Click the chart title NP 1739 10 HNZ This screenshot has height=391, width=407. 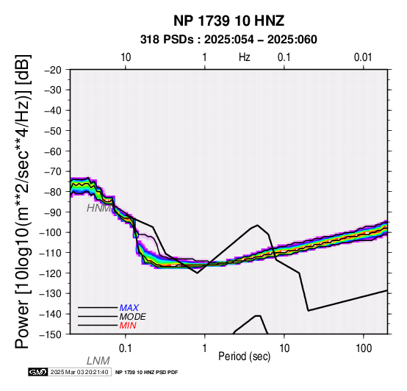[x=228, y=21]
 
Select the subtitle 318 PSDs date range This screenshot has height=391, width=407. [x=228, y=40]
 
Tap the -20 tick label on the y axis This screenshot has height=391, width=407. [x=53, y=70]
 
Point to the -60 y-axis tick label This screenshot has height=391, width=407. [x=53, y=151]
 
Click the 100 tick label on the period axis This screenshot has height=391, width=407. [x=364, y=348]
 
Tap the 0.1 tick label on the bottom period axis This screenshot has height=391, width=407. [x=126, y=348]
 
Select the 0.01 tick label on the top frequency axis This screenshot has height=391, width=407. [x=363, y=57]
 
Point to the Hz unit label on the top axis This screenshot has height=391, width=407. [x=244, y=57]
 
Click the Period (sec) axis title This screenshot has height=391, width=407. [x=244, y=356]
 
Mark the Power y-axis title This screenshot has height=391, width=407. [x=23, y=201]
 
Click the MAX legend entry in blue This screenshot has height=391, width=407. [x=129, y=308]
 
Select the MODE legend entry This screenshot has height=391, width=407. [x=133, y=317]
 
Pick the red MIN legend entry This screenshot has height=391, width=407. [x=128, y=326]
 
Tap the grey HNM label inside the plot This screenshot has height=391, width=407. [x=99, y=208]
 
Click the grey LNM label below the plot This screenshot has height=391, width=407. [x=98, y=361]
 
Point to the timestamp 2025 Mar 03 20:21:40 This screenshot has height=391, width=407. [x=79, y=373]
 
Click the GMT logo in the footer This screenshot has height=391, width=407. [x=38, y=373]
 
